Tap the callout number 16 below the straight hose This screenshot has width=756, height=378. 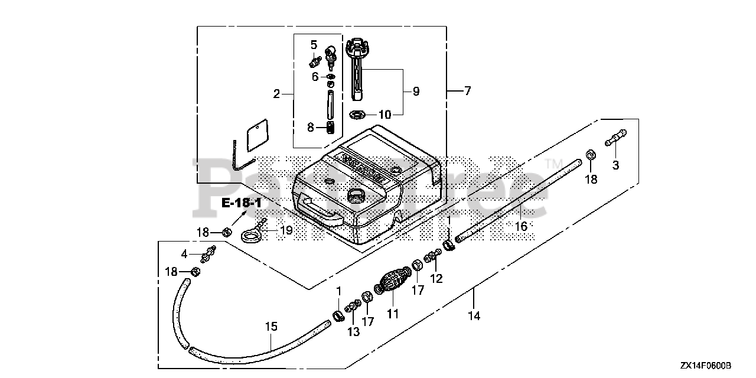pyautogui.click(x=520, y=226)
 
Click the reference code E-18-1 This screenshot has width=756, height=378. pyautogui.click(x=242, y=203)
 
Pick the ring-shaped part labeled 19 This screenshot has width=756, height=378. pyautogui.click(x=252, y=236)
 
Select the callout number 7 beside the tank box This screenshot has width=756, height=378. pyautogui.click(x=467, y=91)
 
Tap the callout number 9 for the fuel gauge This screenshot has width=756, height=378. pyautogui.click(x=415, y=91)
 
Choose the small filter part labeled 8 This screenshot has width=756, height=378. pyautogui.click(x=331, y=126)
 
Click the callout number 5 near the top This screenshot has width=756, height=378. pyautogui.click(x=314, y=44)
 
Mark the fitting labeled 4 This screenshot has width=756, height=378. pyautogui.click(x=207, y=256)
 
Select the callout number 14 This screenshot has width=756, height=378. pyautogui.click(x=474, y=315)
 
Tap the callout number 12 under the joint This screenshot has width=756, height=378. pyautogui.click(x=436, y=278)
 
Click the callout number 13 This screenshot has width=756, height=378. pyautogui.click(x=353, y=332)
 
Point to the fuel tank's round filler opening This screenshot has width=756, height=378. pyautogui.click(x=357, y=194)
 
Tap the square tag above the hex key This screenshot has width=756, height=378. pyautogui.click(x=255, y=136)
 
